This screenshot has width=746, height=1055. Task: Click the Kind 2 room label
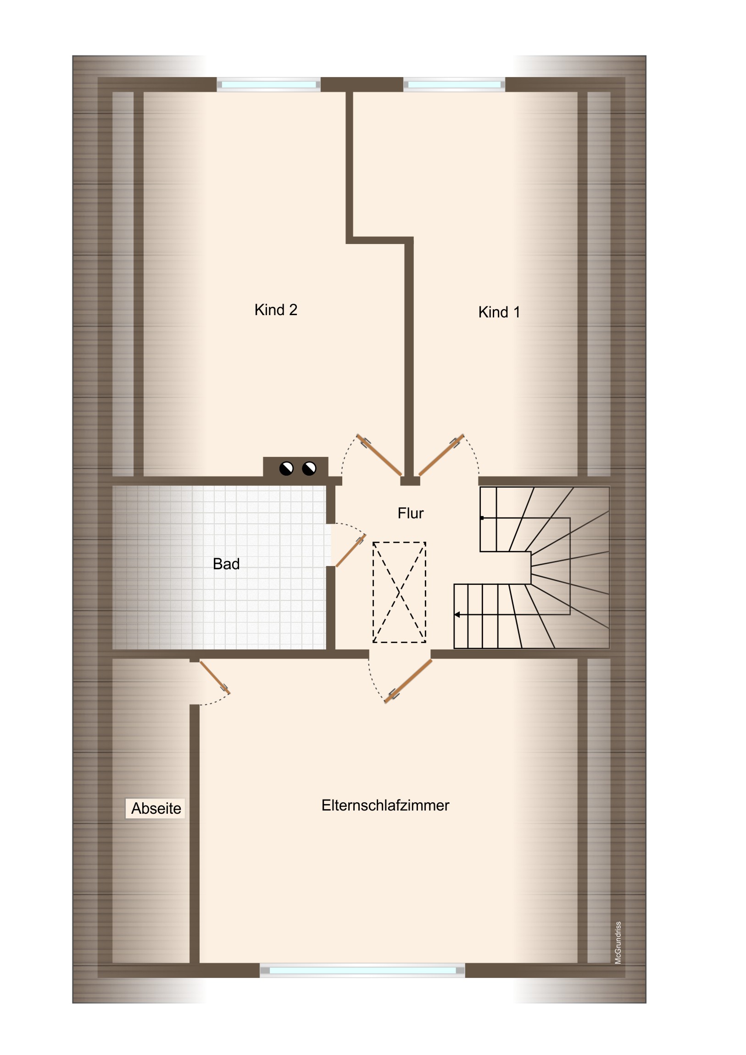tap(276, 310)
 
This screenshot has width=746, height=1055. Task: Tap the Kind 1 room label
tap(499, 312)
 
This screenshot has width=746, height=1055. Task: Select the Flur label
tap(411, 513)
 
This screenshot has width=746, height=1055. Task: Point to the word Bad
tap(226, 564)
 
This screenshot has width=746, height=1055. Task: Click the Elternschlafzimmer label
tap(385, 805)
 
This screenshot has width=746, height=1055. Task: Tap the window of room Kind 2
tap(269, 84)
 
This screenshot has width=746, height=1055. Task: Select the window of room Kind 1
tap(454, 84)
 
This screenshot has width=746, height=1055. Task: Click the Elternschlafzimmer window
tap(362, 971)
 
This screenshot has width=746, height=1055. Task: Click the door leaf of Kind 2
tap(379, 455)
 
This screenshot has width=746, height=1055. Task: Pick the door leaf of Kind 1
tap(441, 455)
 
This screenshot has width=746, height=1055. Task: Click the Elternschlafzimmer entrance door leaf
tap(408, 682)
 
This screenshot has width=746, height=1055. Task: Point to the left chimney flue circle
tap(286, 469)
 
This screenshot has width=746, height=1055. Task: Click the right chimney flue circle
tap(309, 469)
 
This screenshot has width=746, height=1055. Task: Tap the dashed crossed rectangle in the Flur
tap(399, 592)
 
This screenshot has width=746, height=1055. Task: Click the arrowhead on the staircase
tap(457, 614)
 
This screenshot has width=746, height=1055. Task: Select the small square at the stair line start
tap(482, 518)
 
